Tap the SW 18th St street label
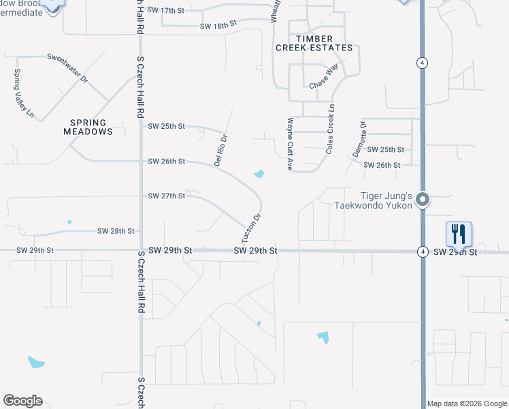pos(218,25)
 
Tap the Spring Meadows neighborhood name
pos(88,127)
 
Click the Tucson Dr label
pos(251,228)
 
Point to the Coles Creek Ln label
pos(330,128)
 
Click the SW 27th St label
pos(167,196)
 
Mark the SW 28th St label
pos(116,232)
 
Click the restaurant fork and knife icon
pos(459,234)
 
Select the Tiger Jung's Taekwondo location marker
pos(423,200)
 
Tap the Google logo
pos(22,401)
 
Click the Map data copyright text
pos(467,404)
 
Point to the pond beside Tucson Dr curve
pos(259,175)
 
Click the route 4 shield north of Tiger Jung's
pos(423,63)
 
